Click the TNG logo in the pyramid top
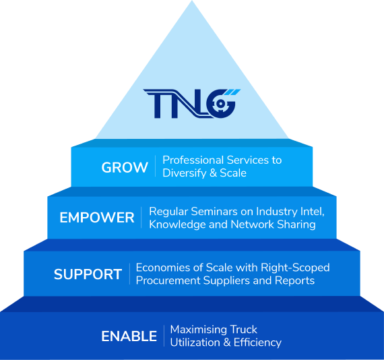pyautogui.click(x=192, y=104)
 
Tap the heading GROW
pyautogui.click(x=125, y=167)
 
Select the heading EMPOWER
pyautogui.click(x=97, y=218)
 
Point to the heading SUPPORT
pyautogui.click(x=88, y=274)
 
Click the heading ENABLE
pyautogui.click(x=129, y=336)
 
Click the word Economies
pyautogui.click(x=163, y=268)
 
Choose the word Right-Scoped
pyautogui.click(x=295, y=268)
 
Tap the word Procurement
pyautogui.click(x=168, y=280)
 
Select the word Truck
pyautogui.click(x=243, y=330)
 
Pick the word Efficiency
pyautogui.click(x=257, y=342)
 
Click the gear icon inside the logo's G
pyautogui.click(x=221, y=104)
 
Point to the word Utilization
pyautogui.click(x=195, y=342)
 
